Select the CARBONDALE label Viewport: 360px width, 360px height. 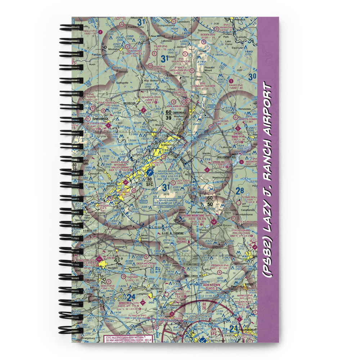[179, 112]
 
